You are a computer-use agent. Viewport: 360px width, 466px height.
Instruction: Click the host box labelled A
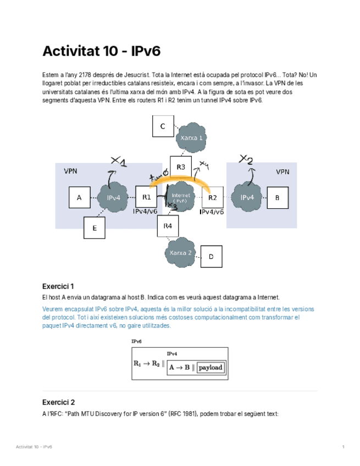coord(80,198)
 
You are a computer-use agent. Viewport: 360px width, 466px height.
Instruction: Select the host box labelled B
coord(277,198)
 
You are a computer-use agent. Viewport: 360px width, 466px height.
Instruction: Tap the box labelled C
coord(163,126)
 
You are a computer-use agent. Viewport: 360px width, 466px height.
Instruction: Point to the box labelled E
coord(95,228)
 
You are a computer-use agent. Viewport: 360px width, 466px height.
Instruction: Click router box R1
coord(146,197)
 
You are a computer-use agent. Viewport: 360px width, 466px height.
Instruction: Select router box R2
coord(212,197)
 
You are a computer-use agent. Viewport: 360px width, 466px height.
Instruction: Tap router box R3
coord(181,167)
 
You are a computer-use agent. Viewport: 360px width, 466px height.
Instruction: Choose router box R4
coord(168,226)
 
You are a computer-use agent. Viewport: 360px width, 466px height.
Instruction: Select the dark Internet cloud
coord(180,198)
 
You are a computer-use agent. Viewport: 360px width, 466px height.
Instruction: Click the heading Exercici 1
coord(58,286)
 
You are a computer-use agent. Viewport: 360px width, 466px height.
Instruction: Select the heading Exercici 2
coord(58,402)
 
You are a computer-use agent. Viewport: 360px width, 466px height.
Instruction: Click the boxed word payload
coord(211,367)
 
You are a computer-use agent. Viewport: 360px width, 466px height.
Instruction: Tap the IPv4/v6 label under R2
coord(212,212)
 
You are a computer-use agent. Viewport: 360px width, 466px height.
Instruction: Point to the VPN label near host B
coord(283,172)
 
